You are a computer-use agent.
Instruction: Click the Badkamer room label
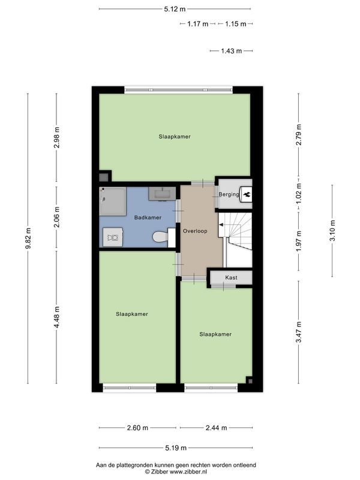click(147, 217)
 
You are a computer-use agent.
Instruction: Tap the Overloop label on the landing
click(195, 230)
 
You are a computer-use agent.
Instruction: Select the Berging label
click(228, 194)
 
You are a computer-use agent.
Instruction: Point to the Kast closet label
click(231, 278)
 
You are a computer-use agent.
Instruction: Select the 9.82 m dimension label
click(28, 239)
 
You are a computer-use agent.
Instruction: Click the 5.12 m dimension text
click(175, 9)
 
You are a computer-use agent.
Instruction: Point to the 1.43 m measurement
click(231, 52)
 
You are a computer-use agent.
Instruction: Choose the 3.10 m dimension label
click(332, 231)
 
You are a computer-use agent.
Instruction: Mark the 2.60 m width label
click(138, 428)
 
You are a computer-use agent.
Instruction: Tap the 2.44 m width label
click(216, 428)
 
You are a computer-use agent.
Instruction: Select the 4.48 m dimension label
click(57, 317)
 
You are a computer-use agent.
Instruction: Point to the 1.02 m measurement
click(298, 193)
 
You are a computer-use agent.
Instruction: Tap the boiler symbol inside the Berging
click(245, 194)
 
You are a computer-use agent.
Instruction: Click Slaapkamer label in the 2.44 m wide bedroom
click(215, 334)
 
